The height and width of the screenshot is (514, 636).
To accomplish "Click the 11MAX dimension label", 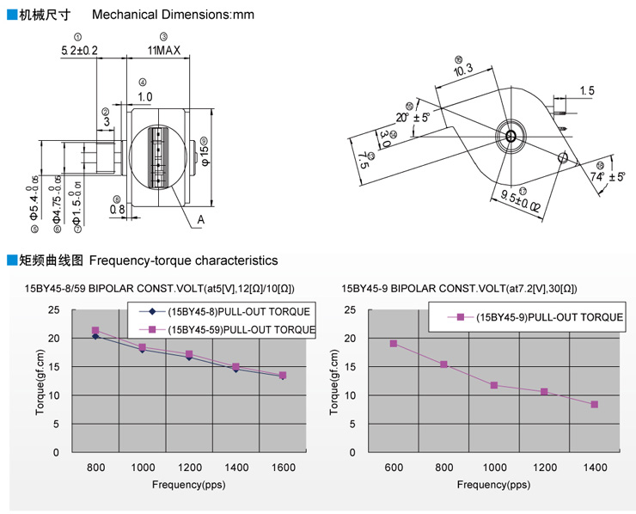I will point(163,52).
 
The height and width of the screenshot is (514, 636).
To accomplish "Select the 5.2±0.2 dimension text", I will point(79,52).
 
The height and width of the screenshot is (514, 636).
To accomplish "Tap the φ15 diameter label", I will point(204,152).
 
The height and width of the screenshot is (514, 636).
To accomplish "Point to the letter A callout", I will point(200,220).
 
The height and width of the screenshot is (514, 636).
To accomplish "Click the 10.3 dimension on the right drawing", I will point(463,70).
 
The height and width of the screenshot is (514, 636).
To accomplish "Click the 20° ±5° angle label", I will point(413,117).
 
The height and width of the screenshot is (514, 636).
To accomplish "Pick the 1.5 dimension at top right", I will point(587,91).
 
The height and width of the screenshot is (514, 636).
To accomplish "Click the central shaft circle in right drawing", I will point(511,136).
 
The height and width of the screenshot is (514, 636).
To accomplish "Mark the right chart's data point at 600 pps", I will point(393,344).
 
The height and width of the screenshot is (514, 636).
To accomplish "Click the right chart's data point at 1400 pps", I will point(594,404).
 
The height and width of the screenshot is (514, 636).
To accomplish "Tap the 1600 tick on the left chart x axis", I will point(284,467).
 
